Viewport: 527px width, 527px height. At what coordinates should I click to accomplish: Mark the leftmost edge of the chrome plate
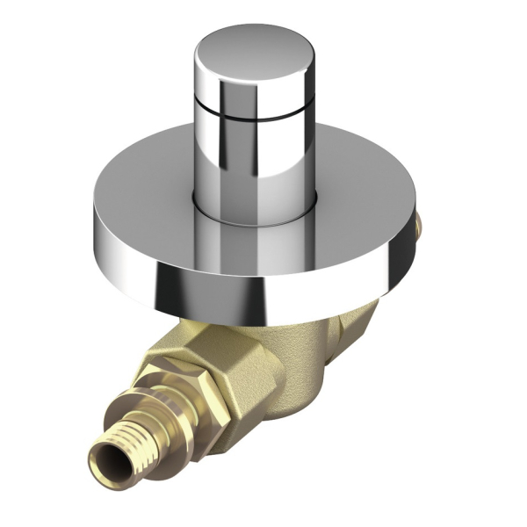click(94, 220)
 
